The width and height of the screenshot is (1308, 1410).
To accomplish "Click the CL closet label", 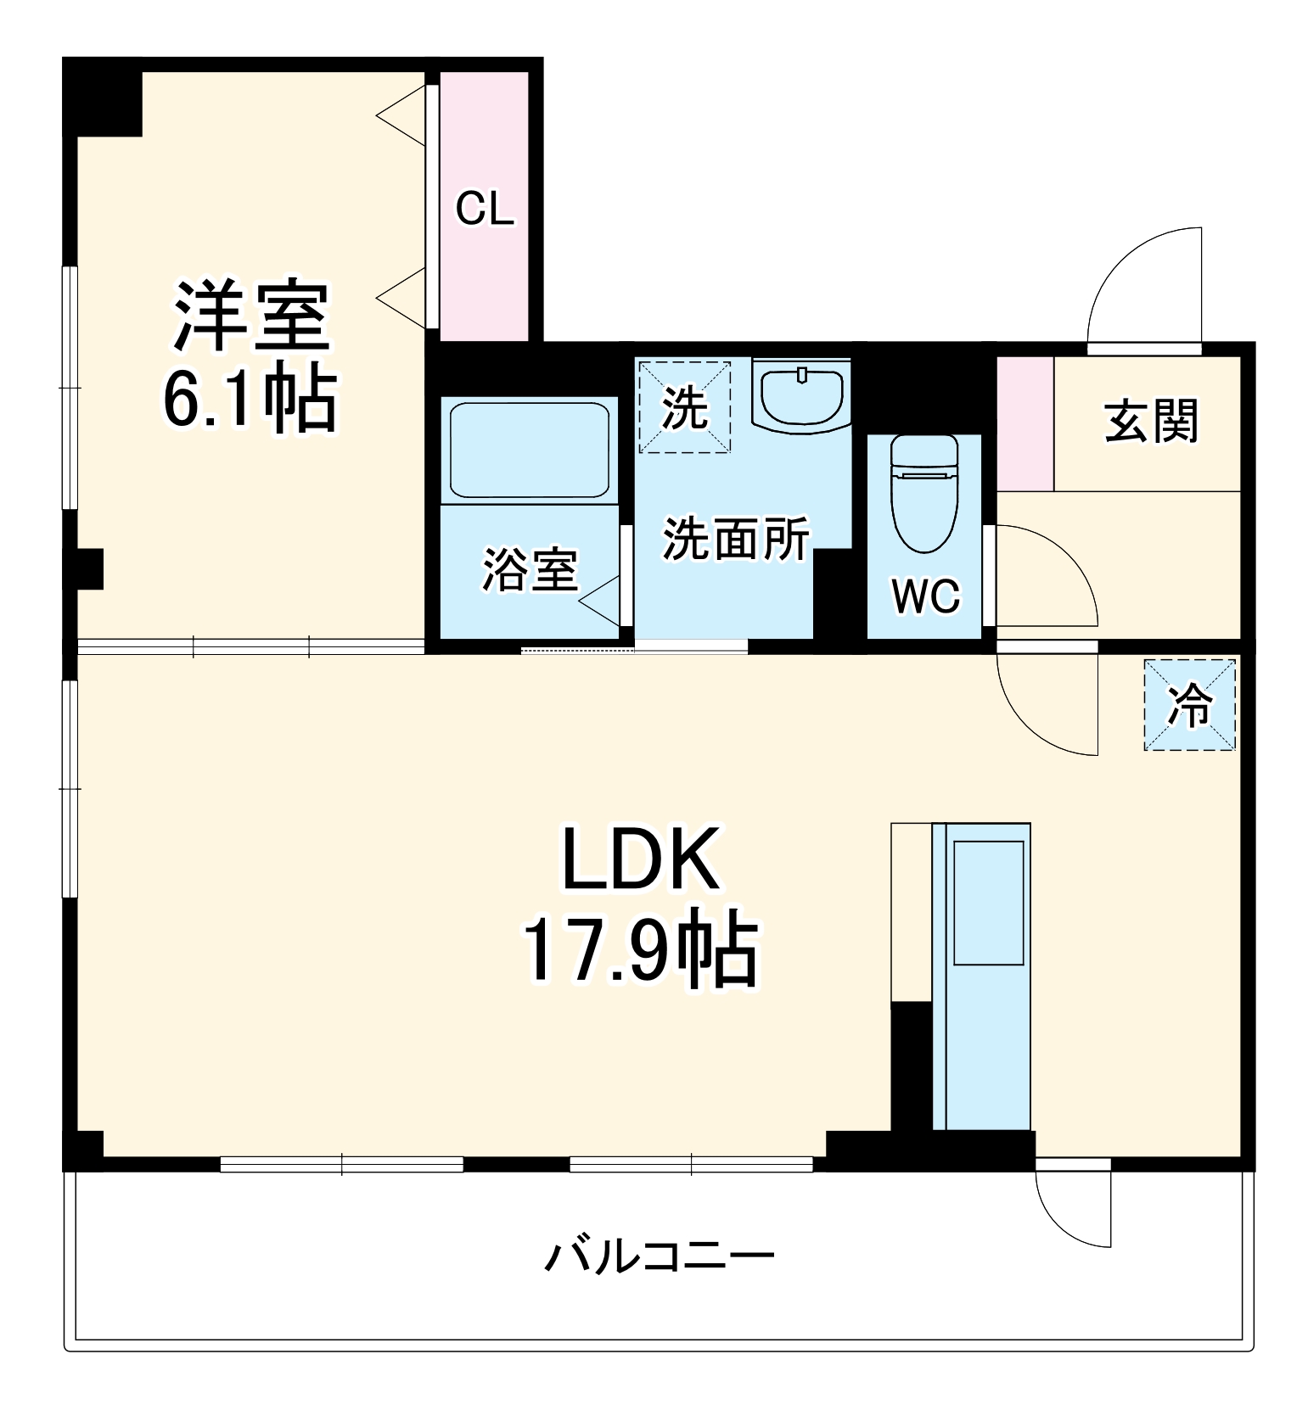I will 485,209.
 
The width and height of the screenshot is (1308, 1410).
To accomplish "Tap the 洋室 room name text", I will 251,316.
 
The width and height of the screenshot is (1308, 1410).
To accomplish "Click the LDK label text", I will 641,859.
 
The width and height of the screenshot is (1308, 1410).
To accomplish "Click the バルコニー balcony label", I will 659,1256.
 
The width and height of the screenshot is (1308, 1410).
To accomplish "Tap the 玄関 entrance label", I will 1150,421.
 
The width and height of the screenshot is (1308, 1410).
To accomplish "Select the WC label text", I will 925,596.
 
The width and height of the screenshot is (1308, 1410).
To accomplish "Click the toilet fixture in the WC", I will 923,493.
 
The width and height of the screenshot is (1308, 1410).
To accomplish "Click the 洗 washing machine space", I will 684,407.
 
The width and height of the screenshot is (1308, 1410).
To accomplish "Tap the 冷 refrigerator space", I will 1189,705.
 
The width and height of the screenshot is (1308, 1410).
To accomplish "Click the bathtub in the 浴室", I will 530,450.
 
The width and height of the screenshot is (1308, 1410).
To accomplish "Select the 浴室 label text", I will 530,569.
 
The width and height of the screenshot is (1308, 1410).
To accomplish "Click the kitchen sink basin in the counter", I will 988,903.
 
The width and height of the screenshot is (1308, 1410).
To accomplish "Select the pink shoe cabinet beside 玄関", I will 1025,423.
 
